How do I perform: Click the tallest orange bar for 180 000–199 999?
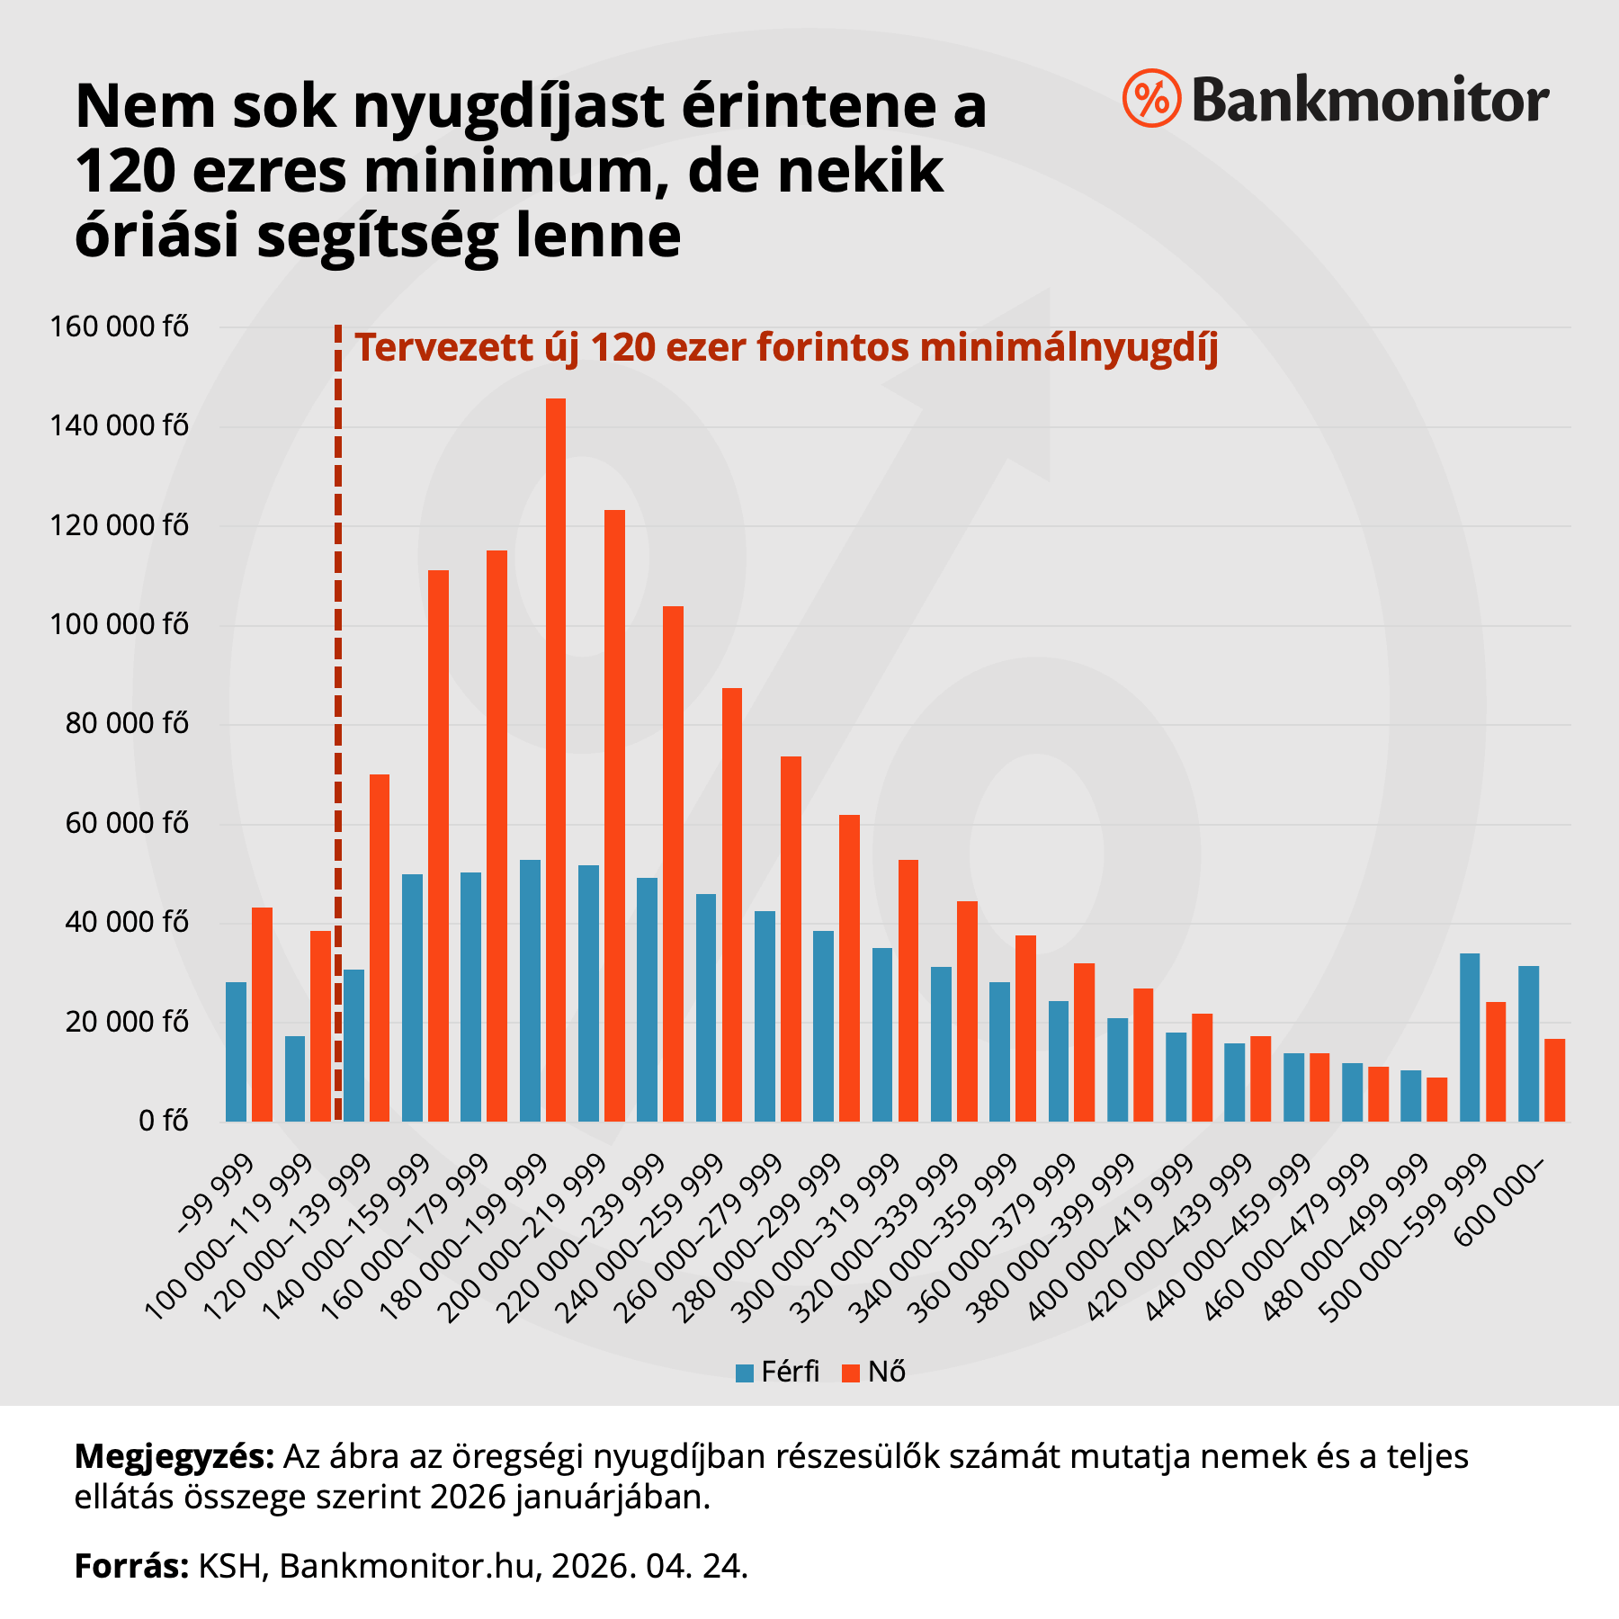pyautogui.click(x=556, y=760)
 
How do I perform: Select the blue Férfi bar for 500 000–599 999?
pyautogui.click(x=1470, y=1037)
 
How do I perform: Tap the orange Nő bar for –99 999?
pyautogui.click(x=262, y=1015)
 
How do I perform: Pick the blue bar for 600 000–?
pyautogui.click(x=1528, y=1043)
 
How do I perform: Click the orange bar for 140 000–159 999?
pyautogui.click(x=438, y=845)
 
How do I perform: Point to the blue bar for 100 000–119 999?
pyautogui.click(x=295, y=1078)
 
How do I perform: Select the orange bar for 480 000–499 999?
pyautogui.click(x=1437, y=1099)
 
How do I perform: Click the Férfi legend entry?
pyautogui.click(x=777, y=1372)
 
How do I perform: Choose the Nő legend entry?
pyautogui.click(x=874, y=1372)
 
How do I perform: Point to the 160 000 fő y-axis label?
pyautogui.click(x=120, y=326)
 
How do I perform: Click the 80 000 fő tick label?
pyautogui.click(x=127, y=724)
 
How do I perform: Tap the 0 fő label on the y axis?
pyautogui.click(x=163, y=1122)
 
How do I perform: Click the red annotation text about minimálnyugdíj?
pyautogui.click(x=786, y=348)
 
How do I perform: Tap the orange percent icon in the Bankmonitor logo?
pyautogui.click(x=1151, y=98)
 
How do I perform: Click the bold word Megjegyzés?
pyautogui.click(x=174, y=1456)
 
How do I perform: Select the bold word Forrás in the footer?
pyautogui.click(x=131, y=1566)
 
